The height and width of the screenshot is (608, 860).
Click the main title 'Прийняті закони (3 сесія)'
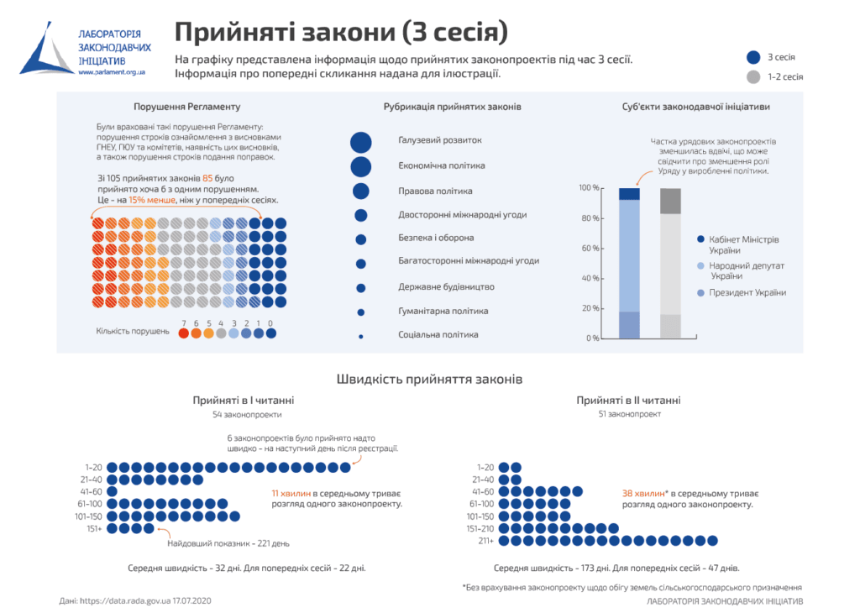click(x=341, y=32)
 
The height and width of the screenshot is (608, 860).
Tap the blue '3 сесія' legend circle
click(x=753, y=58)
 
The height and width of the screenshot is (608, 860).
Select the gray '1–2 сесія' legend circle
click(x=753, y=77)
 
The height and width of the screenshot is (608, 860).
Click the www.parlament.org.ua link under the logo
click(x=113, y=73)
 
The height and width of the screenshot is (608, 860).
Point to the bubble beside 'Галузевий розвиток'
click(x=361, y=142)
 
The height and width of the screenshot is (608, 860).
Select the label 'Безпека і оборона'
click(x=436, y=238)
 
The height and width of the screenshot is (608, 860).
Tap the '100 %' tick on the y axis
click(x=589, y=188)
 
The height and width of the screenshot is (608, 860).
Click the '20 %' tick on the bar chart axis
click(x=590, y=308)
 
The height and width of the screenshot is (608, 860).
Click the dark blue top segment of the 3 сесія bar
click(x=629, y=194)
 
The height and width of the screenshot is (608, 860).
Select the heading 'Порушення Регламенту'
click(x=186, y=107)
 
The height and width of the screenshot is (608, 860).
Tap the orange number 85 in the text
click(x=207, y=179)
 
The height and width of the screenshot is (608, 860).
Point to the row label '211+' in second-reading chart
click(x=485, y=541)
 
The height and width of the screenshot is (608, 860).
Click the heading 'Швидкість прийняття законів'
click(x=429, y=380)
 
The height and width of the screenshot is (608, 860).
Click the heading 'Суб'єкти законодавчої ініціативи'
click(x=696, y=107)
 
